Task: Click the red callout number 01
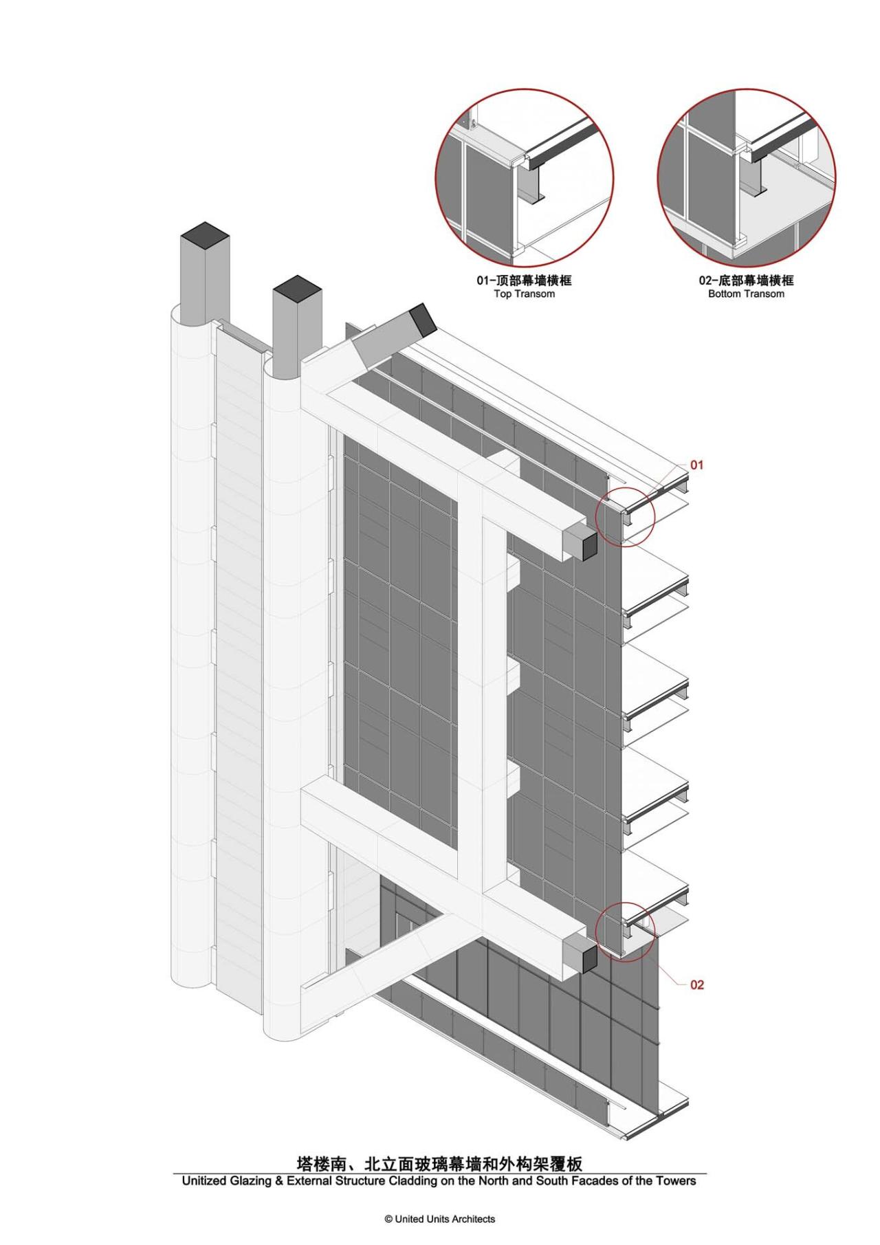click(696, 465)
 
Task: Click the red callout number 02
click(696, 985)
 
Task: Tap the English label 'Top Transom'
click(524, 294)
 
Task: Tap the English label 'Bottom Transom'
click(746, 294)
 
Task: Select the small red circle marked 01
click(625, 516)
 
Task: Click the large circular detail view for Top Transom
click(525, 177)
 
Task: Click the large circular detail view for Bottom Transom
click(747, 177)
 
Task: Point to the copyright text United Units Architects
click(440, 1219)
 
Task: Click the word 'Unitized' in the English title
click(203, 1181)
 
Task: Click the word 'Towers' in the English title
click(676, 1181)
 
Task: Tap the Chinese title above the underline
click(439, 1163)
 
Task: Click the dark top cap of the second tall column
click(297, 287)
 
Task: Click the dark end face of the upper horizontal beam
click(584, 544)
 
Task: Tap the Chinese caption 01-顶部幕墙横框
click(524, 280)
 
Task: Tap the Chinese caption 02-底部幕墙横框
click(746, 280)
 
